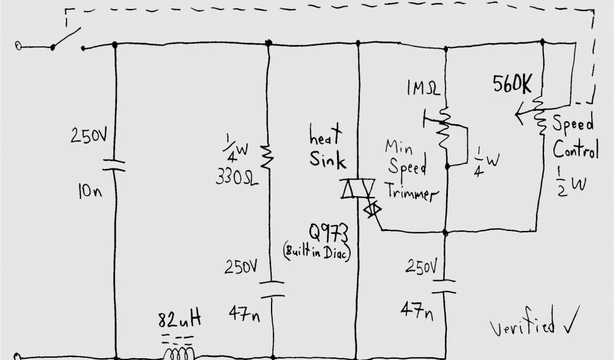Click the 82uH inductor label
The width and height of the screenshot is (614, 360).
179,319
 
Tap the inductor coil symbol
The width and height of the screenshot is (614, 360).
179,352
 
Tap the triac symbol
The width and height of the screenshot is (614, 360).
357,189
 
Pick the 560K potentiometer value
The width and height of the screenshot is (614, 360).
512,85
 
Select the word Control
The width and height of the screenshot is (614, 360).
575,149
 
